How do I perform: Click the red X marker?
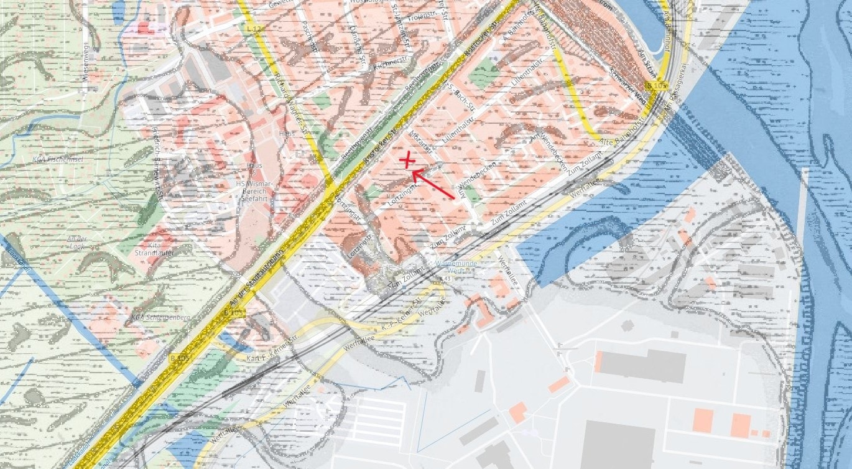click(407, 160)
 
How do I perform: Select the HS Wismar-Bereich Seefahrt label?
click(254, 191)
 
